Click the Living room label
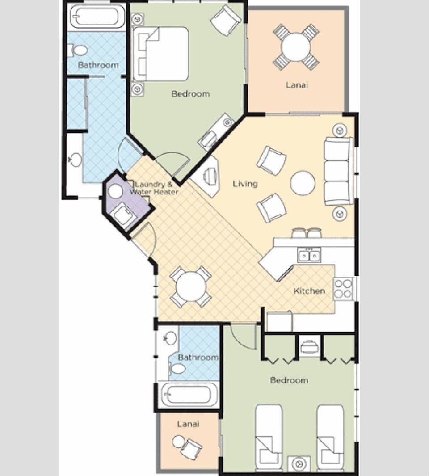[245, 184]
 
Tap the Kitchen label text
[309, 291]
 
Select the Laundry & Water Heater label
[154, 188]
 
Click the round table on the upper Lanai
[296, 46]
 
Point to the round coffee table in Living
[303, 183]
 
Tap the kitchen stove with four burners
[343, 289]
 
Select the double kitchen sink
[309, 256]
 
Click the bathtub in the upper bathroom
[97, 17]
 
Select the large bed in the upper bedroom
[161, 54]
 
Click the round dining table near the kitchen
[190, 286]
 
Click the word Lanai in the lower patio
[188, 424]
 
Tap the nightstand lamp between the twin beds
[299, 463]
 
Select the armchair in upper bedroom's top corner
[226, 20]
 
